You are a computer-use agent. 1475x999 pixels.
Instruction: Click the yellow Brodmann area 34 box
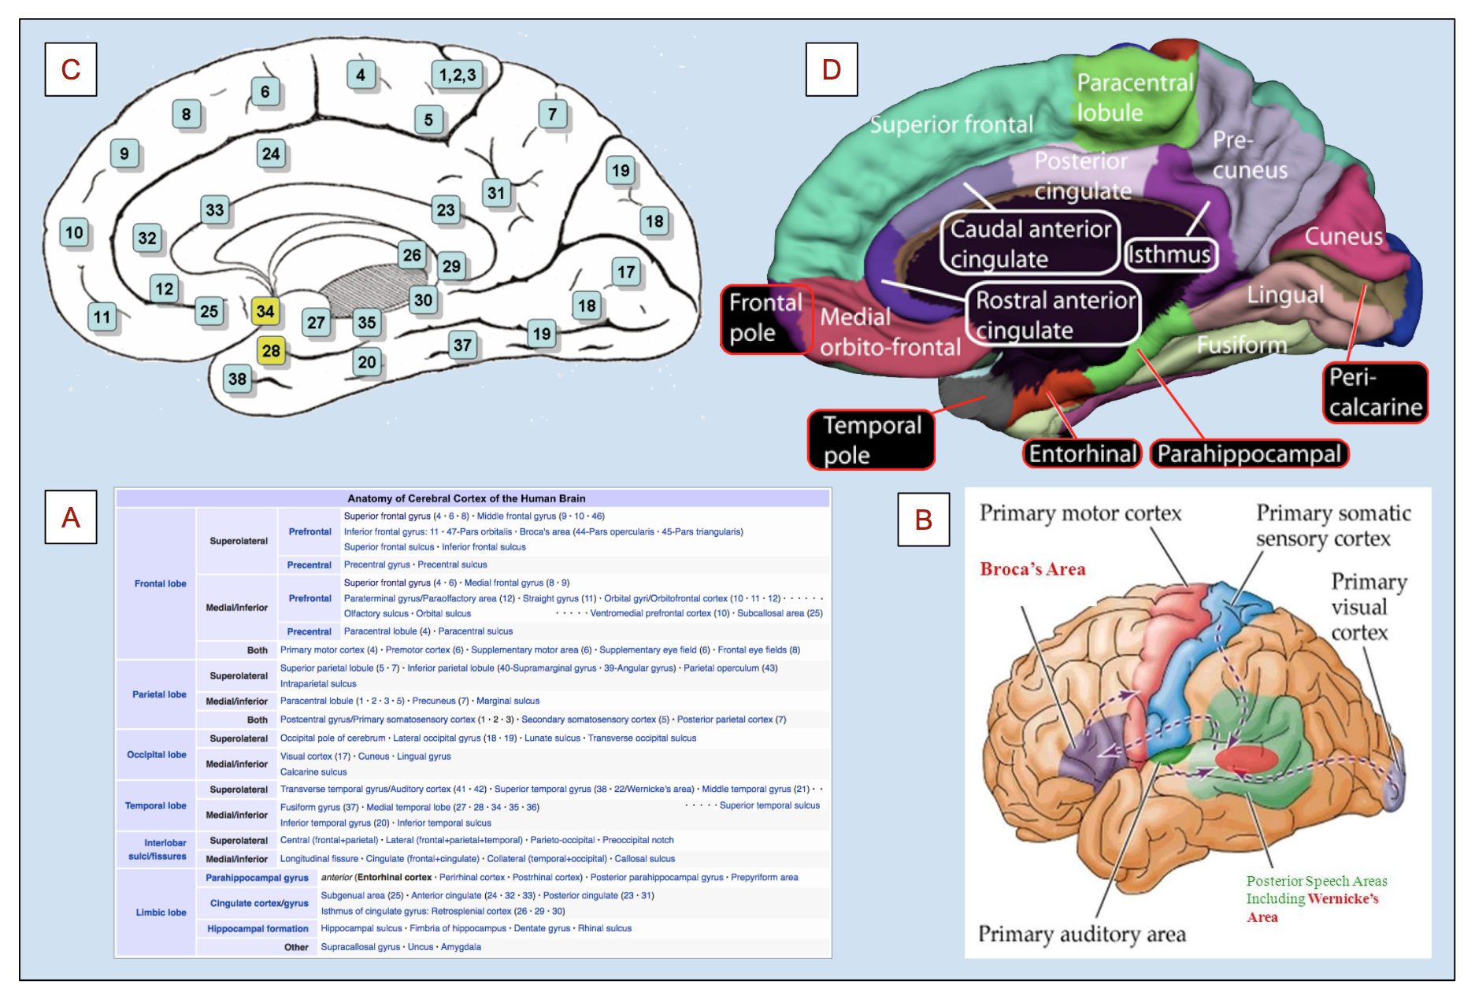coord(265,311)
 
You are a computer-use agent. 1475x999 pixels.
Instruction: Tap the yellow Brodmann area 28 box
coord(271,350)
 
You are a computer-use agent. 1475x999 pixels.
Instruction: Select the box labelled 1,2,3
coord(458,75)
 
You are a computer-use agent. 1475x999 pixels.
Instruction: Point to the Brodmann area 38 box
coord(237,379)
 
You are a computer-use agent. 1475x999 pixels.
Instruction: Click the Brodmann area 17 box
coord(626,272)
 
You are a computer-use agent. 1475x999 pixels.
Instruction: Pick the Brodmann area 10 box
coord(74,232)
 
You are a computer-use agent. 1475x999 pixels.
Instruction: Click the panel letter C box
coord(71,69)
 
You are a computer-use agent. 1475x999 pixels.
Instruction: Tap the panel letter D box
coord(832,69)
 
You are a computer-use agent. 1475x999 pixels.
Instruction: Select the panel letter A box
coord(71,517)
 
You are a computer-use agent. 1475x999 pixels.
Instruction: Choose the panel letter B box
coord(924,520)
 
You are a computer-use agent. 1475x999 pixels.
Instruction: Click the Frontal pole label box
coord(765,318)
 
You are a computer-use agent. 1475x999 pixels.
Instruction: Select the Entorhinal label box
coord(1083,453)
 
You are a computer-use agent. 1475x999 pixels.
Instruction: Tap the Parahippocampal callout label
coord(1249,453)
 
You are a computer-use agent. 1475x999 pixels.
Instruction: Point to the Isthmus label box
coord(1170,254)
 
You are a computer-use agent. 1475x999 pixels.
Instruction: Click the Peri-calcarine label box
coord(1375,392)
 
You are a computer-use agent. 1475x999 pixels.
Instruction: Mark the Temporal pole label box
coord(871,440)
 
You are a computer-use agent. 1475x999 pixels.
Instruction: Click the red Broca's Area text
coord(1032,569)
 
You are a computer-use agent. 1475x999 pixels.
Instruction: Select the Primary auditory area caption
coord(1082,934)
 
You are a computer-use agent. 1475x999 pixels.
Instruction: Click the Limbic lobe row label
coord(161,912)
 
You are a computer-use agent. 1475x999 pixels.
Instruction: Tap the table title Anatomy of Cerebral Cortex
coord(466,498)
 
